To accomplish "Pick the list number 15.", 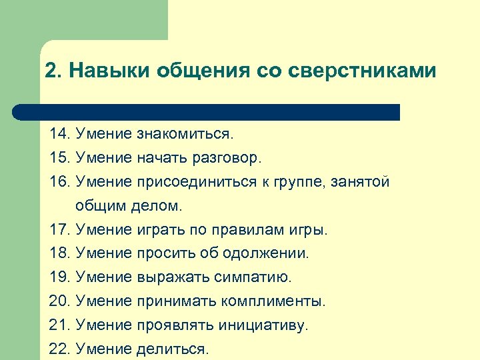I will [61, 158].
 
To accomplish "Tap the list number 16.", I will [61, 182].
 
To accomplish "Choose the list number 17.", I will [61, 230].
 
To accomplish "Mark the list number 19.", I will [61, 277].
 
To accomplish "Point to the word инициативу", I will [263, 325].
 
